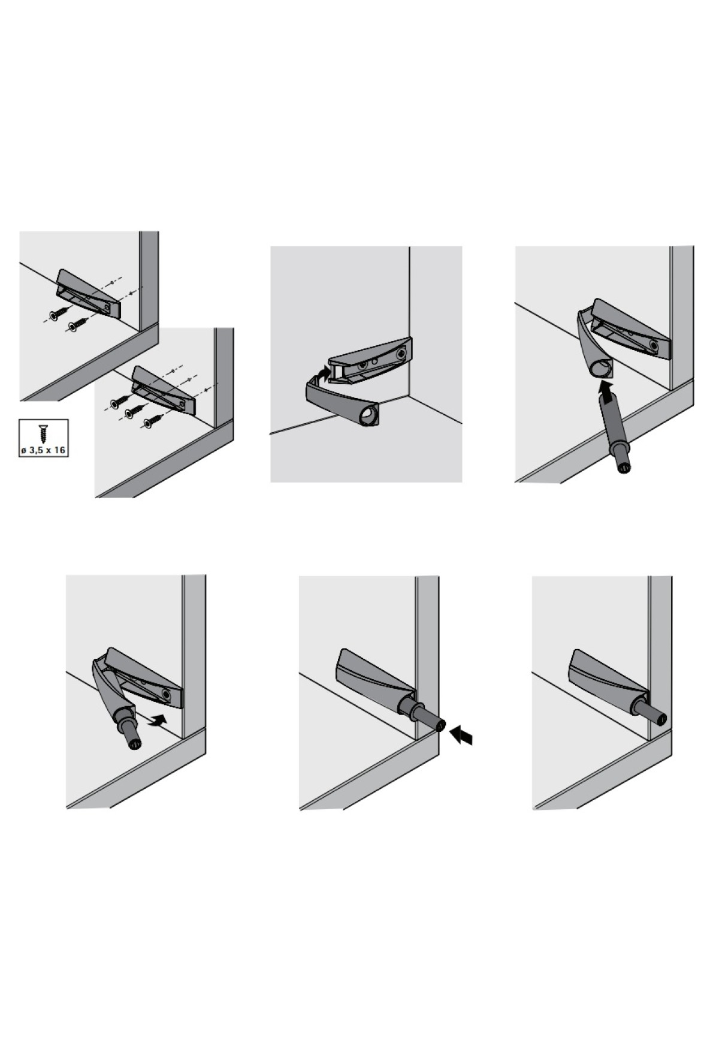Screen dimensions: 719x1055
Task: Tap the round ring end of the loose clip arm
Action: [x=368, y=416]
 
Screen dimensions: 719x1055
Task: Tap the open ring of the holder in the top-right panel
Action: [x=600, y=369]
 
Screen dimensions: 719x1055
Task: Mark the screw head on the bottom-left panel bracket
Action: [x=165, y=693]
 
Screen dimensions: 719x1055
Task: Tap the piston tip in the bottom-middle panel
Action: [x=440, y=725]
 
